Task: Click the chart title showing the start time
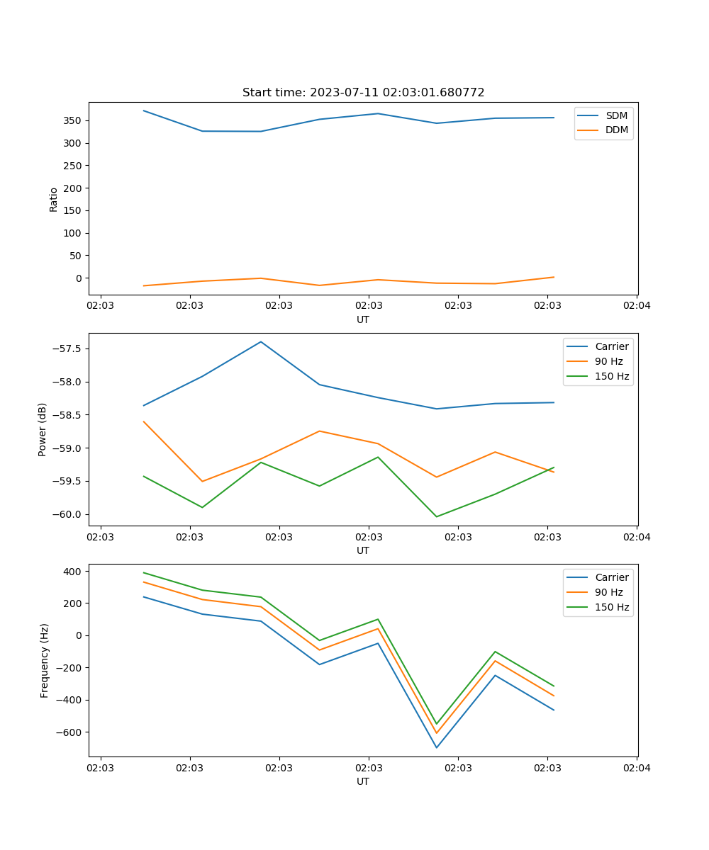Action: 363,93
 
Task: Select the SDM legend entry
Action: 615,115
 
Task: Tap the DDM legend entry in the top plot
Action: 616,130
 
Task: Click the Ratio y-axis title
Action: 54,199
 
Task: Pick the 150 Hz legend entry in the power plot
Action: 612,376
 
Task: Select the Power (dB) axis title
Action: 43,429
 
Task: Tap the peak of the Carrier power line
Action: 261,341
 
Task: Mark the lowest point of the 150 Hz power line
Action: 436,516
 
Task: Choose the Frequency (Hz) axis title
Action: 45,660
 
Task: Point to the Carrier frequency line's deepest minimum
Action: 436,747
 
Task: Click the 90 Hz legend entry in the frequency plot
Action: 608,592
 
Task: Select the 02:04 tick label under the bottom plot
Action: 636,768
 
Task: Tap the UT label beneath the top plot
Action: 363,319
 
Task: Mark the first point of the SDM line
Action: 144,110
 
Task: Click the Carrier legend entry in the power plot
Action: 611,346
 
